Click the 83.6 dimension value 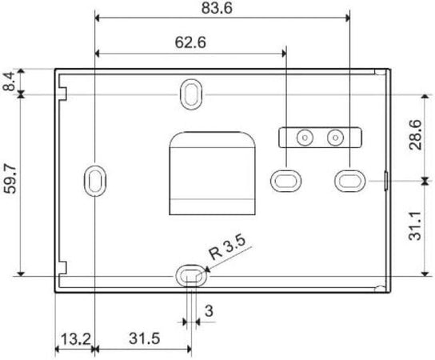coord(217,8)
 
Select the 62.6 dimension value coord(190,42)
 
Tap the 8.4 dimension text coord(9,82)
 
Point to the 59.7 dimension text coord(10,178)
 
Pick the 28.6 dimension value coord(416,135)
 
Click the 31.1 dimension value coord(416,226)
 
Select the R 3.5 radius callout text coord(227,247)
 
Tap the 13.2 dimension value coord(75,339)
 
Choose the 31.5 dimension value coord(144,338)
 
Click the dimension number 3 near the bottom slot coord(209,311)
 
